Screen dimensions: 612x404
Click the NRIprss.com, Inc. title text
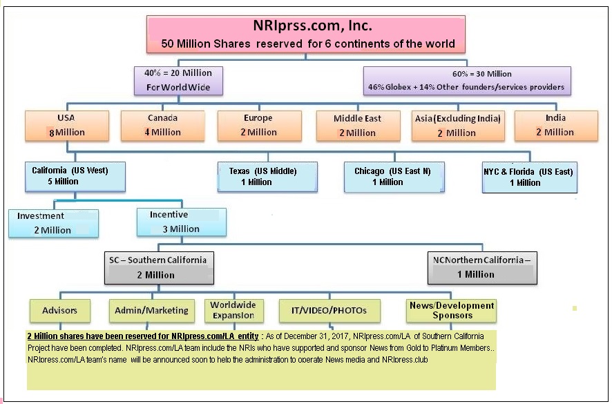pos(313,26)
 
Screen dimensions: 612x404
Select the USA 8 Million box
pos(67,126)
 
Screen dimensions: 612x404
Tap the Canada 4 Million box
pos(163,126)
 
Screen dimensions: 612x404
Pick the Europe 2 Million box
pos(260,126)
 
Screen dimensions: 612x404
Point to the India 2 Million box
pos(556,126)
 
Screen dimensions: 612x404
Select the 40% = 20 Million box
pos(178,81)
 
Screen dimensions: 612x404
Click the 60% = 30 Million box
pos(467,81)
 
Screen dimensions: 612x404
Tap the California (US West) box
pos(75,177)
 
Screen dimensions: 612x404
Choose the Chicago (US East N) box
pos(394,177)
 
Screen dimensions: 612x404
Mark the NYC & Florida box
pos(530,177)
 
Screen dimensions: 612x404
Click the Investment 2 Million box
pos(53,223)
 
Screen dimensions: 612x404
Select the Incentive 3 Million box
pos(182,222)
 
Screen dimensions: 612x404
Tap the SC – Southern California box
pos(160,268)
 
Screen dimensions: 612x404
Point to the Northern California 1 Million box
pos(482,268)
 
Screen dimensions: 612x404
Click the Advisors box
pos(60,311)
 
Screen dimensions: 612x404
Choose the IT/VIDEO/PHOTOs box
pos(329,311)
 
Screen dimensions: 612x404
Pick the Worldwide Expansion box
pos(234,311)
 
